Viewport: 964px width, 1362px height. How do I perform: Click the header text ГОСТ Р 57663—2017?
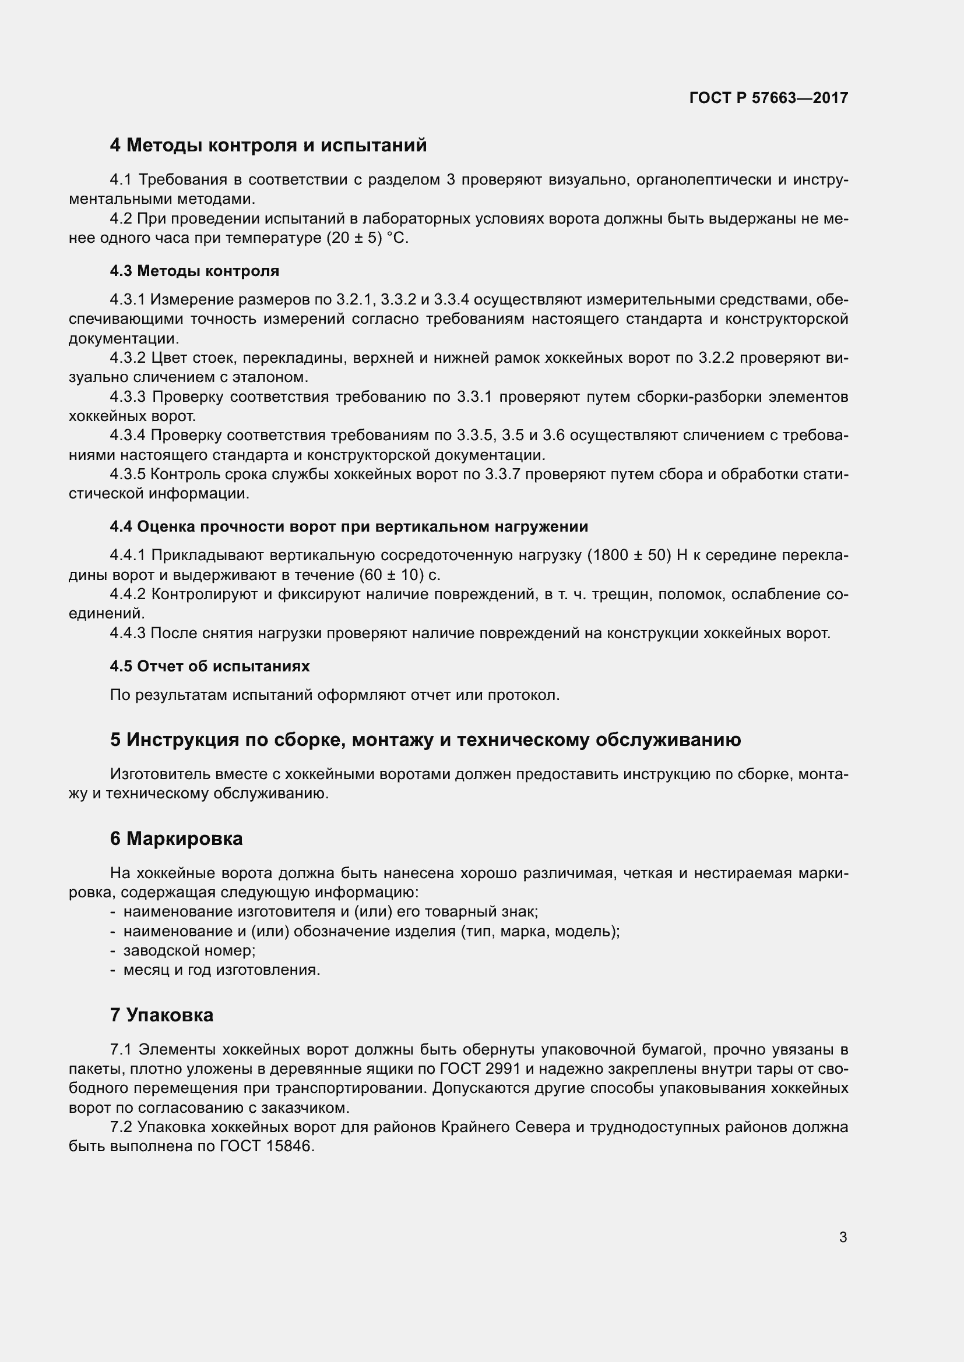click(x=768, y=98)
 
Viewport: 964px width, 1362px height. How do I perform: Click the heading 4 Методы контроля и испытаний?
click(x=268, y=146)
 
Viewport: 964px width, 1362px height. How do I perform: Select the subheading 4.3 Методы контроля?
click(x=194, y=271)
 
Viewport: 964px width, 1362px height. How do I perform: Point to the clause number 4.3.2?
click(x=128, y=358)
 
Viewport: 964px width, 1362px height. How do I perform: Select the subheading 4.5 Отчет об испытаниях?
click(x=210, y=666)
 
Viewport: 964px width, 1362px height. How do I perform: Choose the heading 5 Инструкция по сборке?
click(x=425, y=740)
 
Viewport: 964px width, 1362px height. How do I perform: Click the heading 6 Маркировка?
click(x=176, y=839)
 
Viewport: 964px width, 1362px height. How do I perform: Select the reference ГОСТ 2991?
click(x=480, y=1069)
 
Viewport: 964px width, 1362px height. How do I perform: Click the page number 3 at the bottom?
click(x=843, y=1237)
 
